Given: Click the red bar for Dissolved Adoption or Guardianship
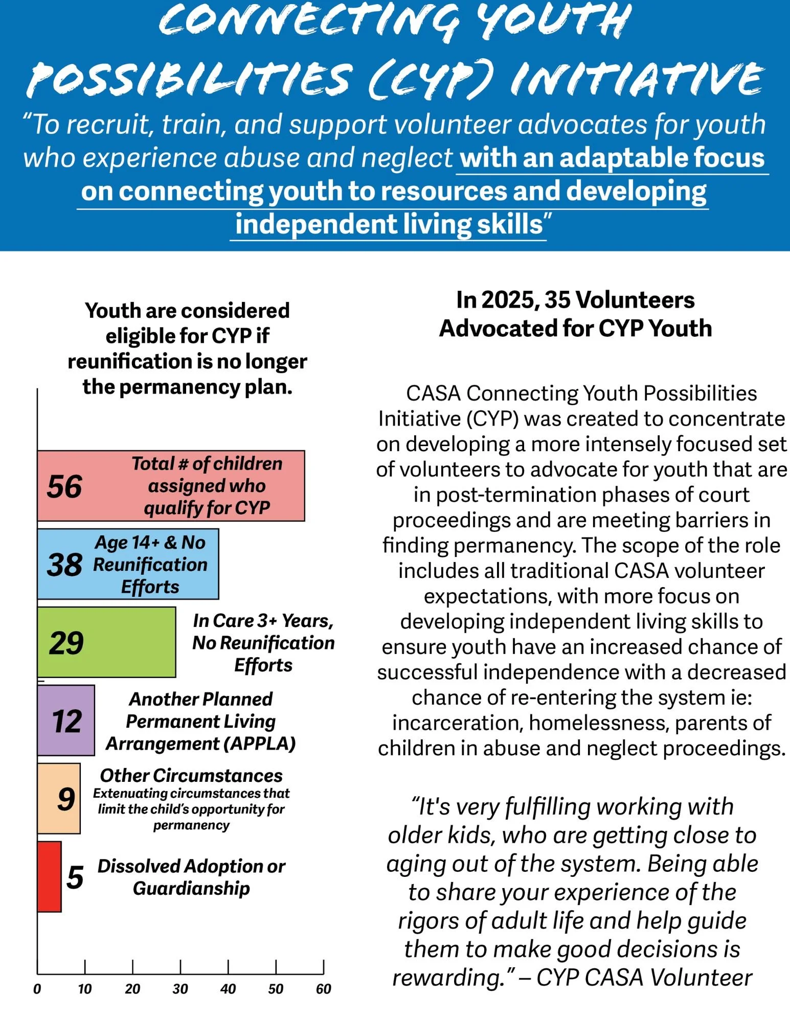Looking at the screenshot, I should coord(49,877).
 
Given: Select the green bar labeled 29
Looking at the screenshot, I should coord(106,642).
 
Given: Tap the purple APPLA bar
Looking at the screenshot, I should coord(66,721).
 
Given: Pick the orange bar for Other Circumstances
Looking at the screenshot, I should coord(59,799).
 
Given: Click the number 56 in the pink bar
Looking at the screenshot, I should coord(64,486).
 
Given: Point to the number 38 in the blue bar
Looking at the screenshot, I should coord(64,565).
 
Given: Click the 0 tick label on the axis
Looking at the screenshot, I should coord(37,989).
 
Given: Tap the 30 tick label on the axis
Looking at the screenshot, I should coord(180,989).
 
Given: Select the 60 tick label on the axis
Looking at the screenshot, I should coord(323,989).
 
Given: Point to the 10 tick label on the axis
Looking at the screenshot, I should coord(85,989).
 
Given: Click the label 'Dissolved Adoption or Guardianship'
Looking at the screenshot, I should coord(191,877).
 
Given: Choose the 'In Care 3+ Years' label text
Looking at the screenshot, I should coord(263,621).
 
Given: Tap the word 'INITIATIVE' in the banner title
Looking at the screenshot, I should coord(637,79).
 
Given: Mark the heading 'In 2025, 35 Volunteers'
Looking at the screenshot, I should coord(575,300).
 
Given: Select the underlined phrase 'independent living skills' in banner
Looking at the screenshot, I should coord(389,224).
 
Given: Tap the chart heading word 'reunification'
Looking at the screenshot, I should coord(130,362).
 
